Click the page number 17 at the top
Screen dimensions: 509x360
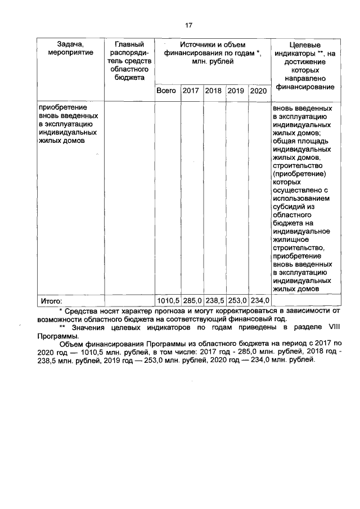click(x=189, y=25)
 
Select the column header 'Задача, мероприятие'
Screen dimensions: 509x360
click(x=70, y=48)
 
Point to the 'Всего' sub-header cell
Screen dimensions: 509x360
click(x=166, y=91)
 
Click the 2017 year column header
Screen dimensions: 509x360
click(x=191, y=91)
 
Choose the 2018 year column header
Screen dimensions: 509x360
click(x=214, y=91)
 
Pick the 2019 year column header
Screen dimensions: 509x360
click(x=236, y=91)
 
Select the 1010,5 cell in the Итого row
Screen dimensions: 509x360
click(x=168, y=300)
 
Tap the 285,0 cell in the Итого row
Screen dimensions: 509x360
click(x=192, y=300)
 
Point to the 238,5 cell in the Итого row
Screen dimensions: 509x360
click(x=214, y=300)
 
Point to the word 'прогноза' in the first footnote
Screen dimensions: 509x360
click(x=168, y=310)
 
